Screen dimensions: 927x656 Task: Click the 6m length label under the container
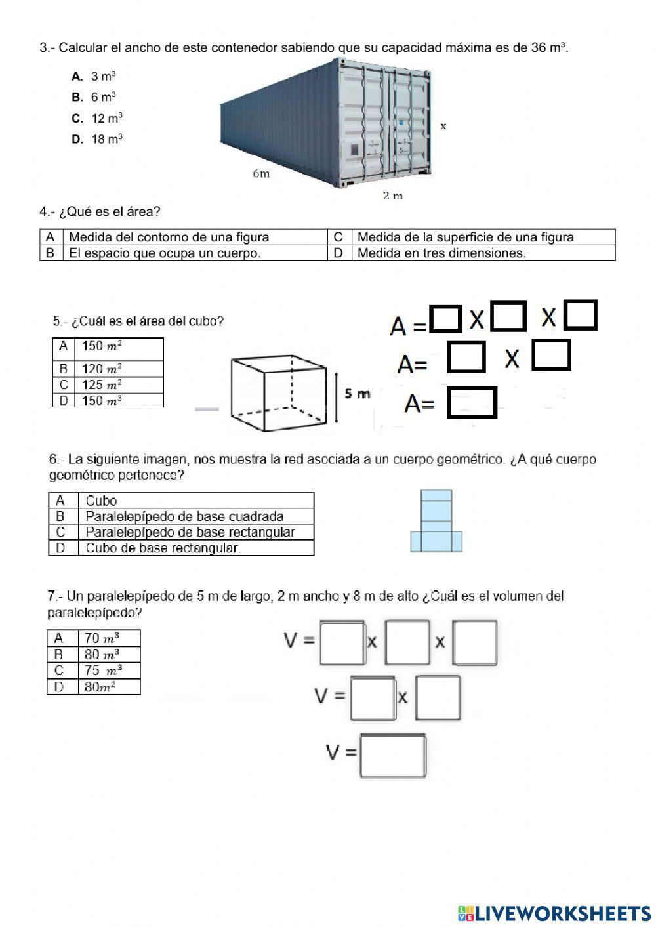[261, 174]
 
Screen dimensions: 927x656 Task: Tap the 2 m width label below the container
[393, 196]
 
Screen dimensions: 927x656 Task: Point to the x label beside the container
[443, 126]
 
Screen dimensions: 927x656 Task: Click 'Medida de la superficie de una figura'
[465, 237]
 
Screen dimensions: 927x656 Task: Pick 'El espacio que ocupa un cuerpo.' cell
[165, 253]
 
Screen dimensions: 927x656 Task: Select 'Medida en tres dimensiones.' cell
[441, 253]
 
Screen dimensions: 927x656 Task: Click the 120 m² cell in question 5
[102, 369]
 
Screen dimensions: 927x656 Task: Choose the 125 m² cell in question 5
[102, 385]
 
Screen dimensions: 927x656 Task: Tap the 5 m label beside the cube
[357, 394]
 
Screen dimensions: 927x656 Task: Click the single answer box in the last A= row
[471, 403]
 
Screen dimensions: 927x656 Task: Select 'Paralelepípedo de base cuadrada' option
[184, 516]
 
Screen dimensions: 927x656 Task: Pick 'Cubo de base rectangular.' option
[163, 548]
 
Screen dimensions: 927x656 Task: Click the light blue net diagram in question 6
[436, 522]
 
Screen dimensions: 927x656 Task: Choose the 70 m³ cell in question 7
[102, 638]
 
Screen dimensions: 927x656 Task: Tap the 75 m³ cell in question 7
[102, 670]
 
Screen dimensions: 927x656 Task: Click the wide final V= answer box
[393, 756]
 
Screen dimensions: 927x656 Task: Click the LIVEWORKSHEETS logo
[554, 913]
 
